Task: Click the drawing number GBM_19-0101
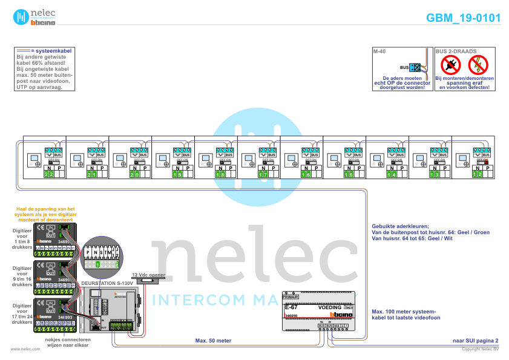463,18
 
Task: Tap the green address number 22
50,174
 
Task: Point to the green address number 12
478,174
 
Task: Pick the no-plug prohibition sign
450,64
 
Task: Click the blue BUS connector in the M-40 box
415,68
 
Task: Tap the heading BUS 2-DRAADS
456,52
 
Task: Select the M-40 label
379,52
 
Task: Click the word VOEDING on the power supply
330,307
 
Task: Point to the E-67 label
291,307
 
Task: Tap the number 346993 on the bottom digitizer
65,317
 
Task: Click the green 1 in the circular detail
98,264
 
